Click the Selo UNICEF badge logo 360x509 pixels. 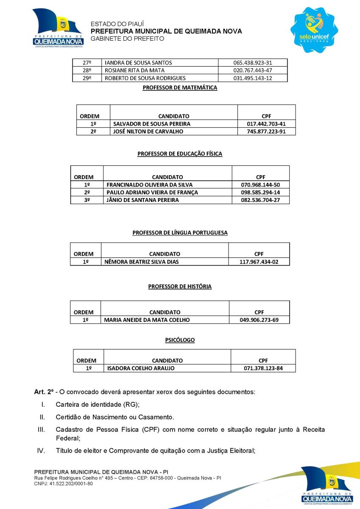pos(314,30)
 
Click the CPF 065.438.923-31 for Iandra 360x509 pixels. pos(253,62)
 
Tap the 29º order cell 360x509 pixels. pos(87,78)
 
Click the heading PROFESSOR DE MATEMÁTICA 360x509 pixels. pos(180,88)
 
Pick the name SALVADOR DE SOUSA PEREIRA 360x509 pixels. pos(152,124)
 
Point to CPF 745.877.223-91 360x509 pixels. pos(266,131)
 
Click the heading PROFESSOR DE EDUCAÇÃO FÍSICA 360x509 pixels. pos(180,154)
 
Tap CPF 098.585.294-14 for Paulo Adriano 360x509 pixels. pos(260,193)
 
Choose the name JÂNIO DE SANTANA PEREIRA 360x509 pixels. pos(143,200)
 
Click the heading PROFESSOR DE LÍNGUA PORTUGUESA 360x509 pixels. pos(180,233)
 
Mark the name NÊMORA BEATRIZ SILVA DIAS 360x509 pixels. pos(142,262)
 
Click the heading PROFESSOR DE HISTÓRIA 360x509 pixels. pos(180,287)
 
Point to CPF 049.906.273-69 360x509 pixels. pos(259,320)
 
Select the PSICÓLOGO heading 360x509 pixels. pos(180,340)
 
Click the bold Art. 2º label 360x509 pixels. pos(44,392)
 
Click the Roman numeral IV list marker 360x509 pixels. pos(41,450)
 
